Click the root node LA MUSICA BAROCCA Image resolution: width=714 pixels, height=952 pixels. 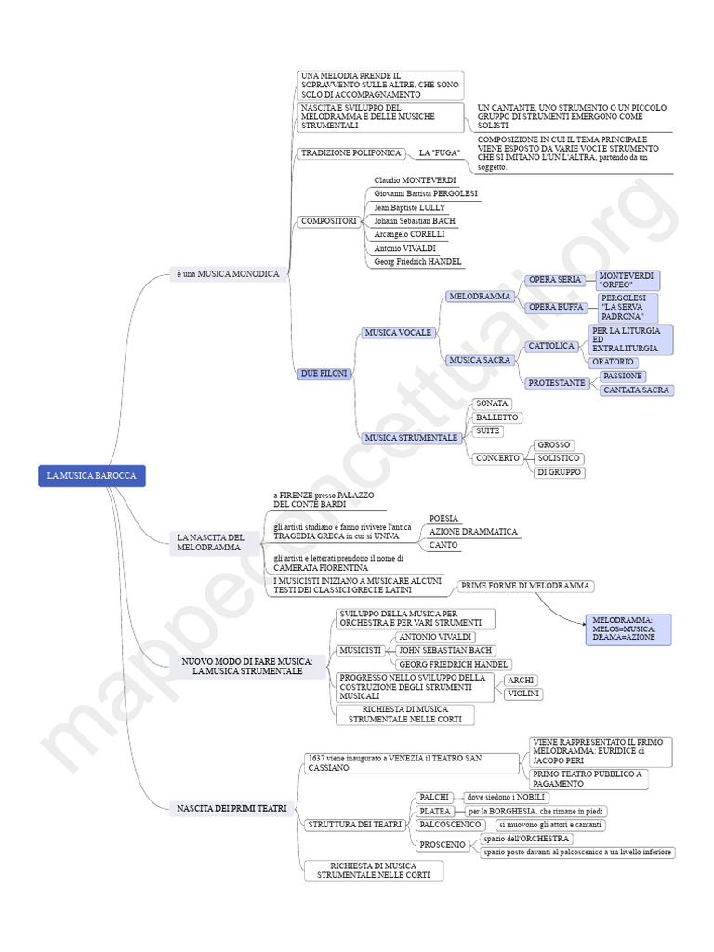point(92,476)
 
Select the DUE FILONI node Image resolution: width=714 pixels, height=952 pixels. point(324,373)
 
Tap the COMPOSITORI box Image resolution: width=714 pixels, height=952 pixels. point(328,221)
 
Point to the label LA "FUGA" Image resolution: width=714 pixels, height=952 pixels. point(440,152)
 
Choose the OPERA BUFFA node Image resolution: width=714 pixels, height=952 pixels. point(555,307)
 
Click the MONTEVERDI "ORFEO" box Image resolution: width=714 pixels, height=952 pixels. point(628,281)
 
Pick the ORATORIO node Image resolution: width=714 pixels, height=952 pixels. point(614,362)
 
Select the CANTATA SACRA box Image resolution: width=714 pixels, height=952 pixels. point(636,390)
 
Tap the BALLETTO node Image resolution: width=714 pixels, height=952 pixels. point(497,417)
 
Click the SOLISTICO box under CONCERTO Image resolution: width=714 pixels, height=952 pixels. point(559,458)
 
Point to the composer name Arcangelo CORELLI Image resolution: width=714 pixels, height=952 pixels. point(409,235)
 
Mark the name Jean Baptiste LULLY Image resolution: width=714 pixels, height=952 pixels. point(409,207)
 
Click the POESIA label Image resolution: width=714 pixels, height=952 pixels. point(443,518)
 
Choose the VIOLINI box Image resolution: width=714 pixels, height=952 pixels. point(524,694)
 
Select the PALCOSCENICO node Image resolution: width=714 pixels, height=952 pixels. point(450,825)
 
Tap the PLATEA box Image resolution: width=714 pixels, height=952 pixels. point(435,811)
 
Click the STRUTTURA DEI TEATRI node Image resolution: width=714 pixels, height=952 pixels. point(354,825)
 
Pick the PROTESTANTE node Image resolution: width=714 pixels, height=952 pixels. point(557,383)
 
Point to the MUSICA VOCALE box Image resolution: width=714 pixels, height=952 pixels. point(398,332)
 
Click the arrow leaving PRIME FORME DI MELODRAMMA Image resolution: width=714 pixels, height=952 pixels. point(562,606)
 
